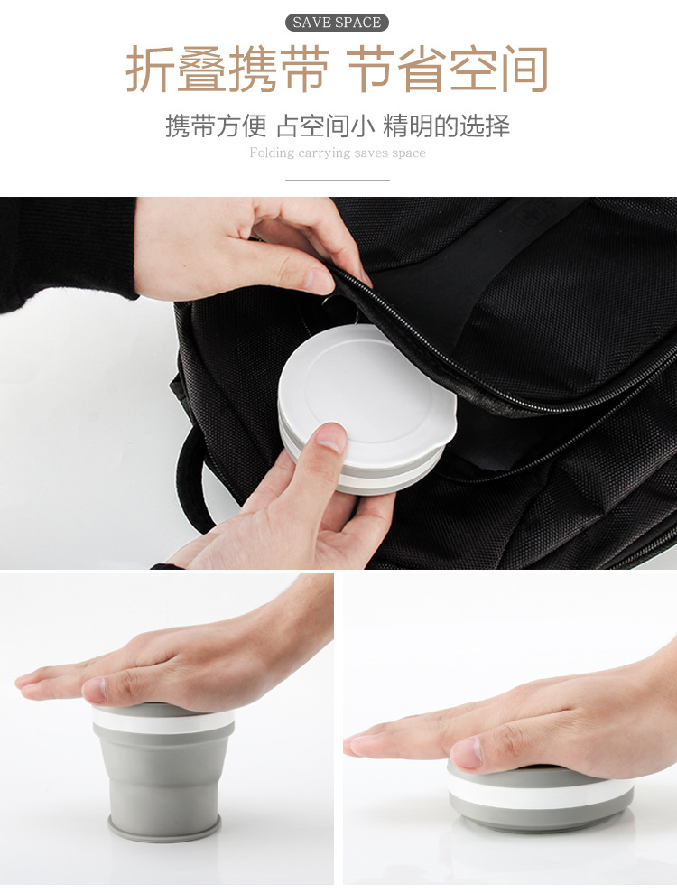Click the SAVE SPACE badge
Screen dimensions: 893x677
click(337, 23)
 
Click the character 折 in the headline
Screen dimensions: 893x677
click(150, 70)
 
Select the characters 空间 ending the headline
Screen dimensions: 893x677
click(499, 70)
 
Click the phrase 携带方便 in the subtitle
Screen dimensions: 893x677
click(216, 125)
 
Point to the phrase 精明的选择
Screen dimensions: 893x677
click(447, 125)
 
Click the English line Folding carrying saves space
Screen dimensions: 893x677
click(338, 153)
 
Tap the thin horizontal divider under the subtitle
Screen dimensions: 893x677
click(338, 180)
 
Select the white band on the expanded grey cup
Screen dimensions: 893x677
click(162, 721)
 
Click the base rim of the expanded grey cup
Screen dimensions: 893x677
click(163, 826)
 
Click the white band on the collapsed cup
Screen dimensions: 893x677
click(540, 797)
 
